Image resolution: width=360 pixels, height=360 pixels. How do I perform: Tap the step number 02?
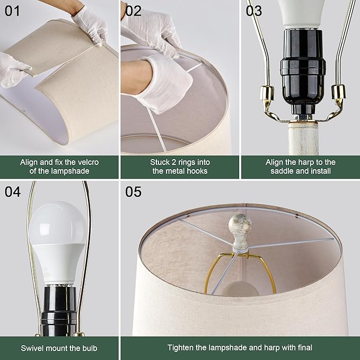click(x=134, y=10)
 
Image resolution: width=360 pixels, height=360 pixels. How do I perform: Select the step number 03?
click(x=254, y=10)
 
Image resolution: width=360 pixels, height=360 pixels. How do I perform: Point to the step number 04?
click(x=13, y=191)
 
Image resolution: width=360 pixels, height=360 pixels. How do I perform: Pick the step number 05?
click(x=134, y=191)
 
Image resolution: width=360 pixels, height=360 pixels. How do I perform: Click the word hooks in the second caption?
click(x=196, y=171)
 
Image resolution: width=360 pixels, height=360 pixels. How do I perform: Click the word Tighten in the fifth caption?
click(x=181, y=348)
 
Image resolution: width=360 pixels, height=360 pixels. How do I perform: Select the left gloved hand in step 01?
click(x=13, y=69)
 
